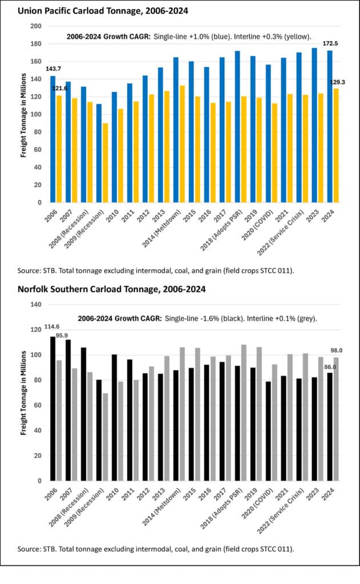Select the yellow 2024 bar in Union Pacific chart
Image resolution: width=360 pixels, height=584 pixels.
click(x=335, y=145)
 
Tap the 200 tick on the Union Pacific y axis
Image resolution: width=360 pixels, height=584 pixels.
click(x=36, y=26)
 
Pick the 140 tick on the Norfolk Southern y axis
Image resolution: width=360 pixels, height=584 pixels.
click(x=36, y=305)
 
